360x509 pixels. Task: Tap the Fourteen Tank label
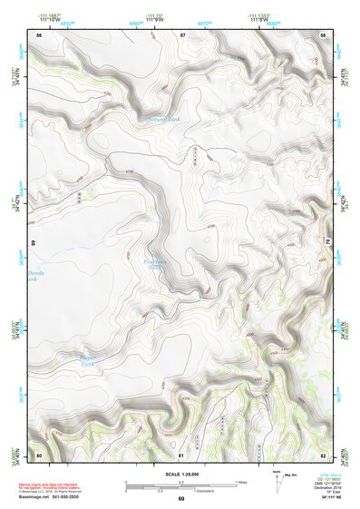pos(158,264)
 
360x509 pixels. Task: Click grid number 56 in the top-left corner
pos(39,35)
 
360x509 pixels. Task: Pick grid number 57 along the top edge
pos(182,34)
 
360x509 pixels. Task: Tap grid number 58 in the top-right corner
pos(323,34)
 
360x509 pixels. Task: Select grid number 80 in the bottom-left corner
pos(39,453)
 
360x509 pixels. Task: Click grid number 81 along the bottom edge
pos(182,453)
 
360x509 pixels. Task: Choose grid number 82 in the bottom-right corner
pos(323,453)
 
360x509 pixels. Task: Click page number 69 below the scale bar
pos(180,500)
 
